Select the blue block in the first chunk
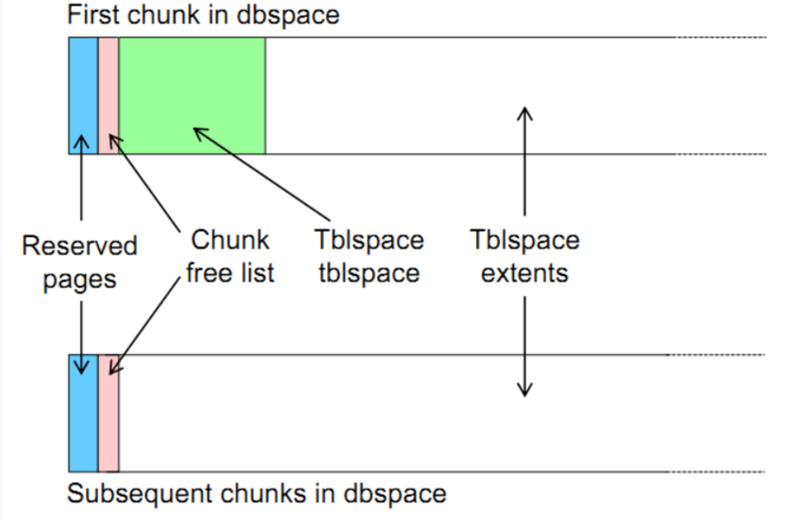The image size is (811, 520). pos(83,84)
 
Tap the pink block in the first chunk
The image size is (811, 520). pos(108,84)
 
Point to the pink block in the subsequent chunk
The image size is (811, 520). pos(108,429)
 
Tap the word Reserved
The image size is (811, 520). pos(79,246)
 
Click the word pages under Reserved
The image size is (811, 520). pos(79,279)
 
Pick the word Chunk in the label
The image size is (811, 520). pos(230,240)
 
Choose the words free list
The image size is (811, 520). pos(230,272)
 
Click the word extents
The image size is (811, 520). pos(525,273)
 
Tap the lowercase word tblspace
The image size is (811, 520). pos(368,273)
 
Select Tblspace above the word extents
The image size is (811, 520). pos(525,241)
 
